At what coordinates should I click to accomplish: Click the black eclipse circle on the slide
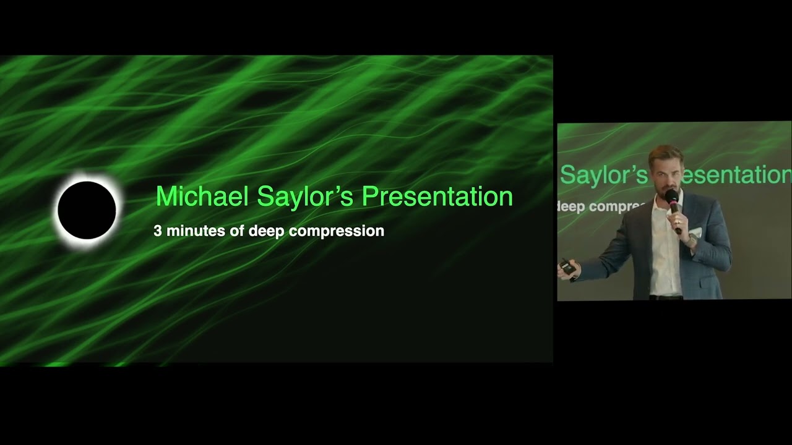pyautogui.click(x=87, y=210)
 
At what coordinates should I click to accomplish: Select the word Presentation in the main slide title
pyautogui.click(x=437, y=197)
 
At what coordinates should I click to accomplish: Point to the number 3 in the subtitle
pyautogui.click(x=158, y=231)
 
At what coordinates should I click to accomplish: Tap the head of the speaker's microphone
pyautogui.click(x=671, y=197)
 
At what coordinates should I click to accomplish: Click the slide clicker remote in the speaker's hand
pyautogui.click(x=567, y=268)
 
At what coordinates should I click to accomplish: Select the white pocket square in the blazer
pyautogui.click(x=696, y=233)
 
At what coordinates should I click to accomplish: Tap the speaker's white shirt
pyautogui.click(x=666, y=260)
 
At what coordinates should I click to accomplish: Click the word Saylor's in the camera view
pyautogui.click(x=603, y=175)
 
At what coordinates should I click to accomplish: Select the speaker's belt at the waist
pyautogui.click(x=666, y=298)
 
